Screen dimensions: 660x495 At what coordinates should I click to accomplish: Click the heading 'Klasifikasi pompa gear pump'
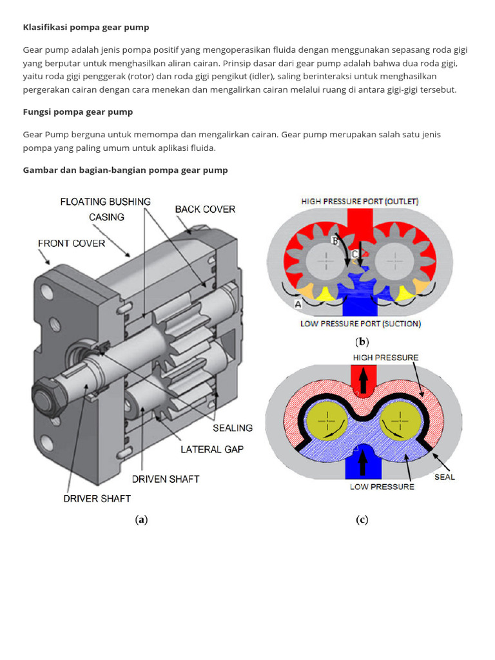click(x=86, y=27)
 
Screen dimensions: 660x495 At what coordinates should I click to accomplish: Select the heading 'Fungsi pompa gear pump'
click(x=78, y=112)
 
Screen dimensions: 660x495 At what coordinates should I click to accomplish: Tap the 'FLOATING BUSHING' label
click(x=106, y=202)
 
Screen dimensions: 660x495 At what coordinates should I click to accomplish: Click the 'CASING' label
click(x=106, y=217)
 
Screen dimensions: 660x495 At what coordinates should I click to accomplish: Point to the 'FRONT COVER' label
click(x=71, y=243)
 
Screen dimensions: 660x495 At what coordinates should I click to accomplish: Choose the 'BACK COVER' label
click(x=205, y=209)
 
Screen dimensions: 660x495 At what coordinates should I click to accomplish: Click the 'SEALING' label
click(x=233, y=427)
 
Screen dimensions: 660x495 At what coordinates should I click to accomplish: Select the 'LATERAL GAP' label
click(x=212, y=449)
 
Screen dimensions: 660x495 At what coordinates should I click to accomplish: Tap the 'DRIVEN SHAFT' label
click(x=166, y=479)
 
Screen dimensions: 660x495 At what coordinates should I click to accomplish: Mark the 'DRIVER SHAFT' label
click(x=97, y=498)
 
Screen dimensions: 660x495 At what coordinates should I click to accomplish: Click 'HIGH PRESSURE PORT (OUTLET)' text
click(x=360, y=201)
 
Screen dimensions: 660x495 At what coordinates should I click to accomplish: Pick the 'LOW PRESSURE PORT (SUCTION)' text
click(x=360, y=324)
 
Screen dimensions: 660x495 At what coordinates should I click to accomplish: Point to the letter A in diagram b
click(x=297, y=302)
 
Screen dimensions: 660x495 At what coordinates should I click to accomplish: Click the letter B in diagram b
click(x=335, y=240)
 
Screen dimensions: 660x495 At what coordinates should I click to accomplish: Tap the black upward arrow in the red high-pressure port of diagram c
click(x=363, y=381)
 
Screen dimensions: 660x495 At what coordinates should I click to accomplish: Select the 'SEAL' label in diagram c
click(x=444, y=477)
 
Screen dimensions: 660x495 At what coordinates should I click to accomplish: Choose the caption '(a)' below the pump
click(x=141, y=519)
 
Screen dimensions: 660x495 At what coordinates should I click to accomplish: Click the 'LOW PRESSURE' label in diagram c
click(x=382, y=487)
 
